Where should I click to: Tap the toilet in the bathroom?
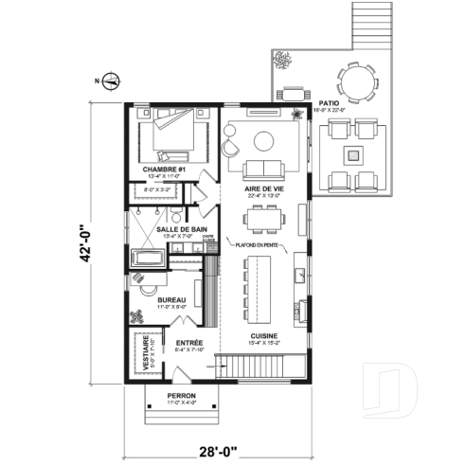[143, 279]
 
